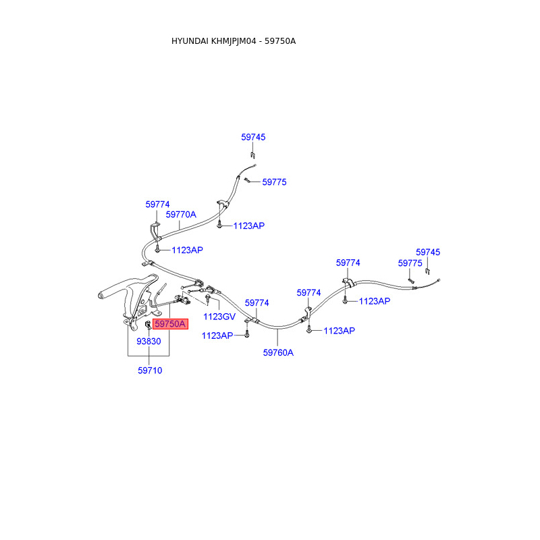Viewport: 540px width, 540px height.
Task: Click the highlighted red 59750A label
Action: [170, 324]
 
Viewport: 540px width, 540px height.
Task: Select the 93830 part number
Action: [148, 342]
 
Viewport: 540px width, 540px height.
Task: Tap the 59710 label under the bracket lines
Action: [150, 370]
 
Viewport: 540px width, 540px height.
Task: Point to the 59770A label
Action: [181, 215]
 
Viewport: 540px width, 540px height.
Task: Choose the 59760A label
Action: [278, 352]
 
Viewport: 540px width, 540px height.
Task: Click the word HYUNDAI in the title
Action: [190, 41]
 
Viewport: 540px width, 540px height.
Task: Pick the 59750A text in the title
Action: [280, 41]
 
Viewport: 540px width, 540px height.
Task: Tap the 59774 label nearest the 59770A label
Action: [157, 204]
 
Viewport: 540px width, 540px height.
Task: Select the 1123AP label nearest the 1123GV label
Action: [217, 335]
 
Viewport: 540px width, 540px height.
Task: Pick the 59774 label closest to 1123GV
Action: [256, 303]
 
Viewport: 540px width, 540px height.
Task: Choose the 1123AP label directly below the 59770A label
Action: [187, 250]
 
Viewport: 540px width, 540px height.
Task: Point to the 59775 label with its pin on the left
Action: [274, 182]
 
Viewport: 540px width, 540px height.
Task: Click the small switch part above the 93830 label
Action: [148, 328]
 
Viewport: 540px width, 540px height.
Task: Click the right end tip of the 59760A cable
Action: [439, 279]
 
